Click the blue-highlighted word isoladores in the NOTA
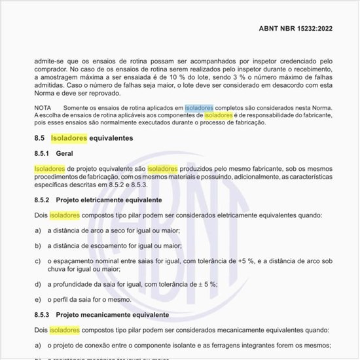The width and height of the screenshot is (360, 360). pos(199,107)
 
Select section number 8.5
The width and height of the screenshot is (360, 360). pos(39,139)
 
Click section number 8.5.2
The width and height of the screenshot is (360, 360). pos(43,200)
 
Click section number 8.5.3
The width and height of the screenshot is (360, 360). pos(43,315)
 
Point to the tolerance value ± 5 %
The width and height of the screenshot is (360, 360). pos(205,283)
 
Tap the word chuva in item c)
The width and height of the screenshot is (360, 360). pos(56,269)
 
